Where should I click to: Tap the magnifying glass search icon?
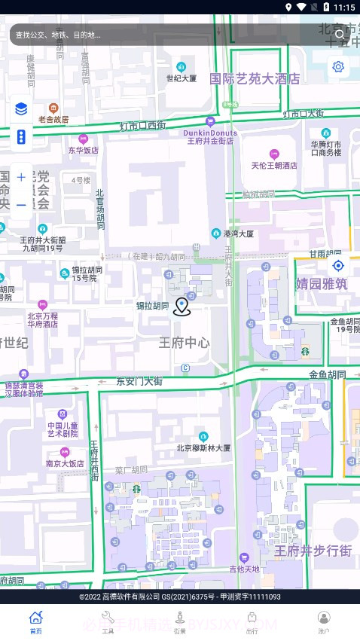[x=340, y=34]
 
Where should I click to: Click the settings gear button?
[x=338, y=67]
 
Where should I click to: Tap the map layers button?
[x=21, y=110]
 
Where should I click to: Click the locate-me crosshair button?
[x=338, y=265]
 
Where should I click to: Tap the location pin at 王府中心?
[x=182, y=307]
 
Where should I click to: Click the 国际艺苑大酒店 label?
[x=255, y=78]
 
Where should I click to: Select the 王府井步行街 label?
[x=313, y=551]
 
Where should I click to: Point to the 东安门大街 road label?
[x=139, y=382]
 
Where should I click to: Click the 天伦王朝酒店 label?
[x=274, y=165]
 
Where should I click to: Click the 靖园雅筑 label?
[x=322, y=284]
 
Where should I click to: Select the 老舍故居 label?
[x=53, y=119]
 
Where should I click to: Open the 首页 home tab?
[x=35, y=622]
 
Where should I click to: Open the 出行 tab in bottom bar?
[x=252, y=622]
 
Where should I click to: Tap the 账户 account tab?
[x=324, y=622]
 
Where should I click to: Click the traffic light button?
[x=21, y=137]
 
